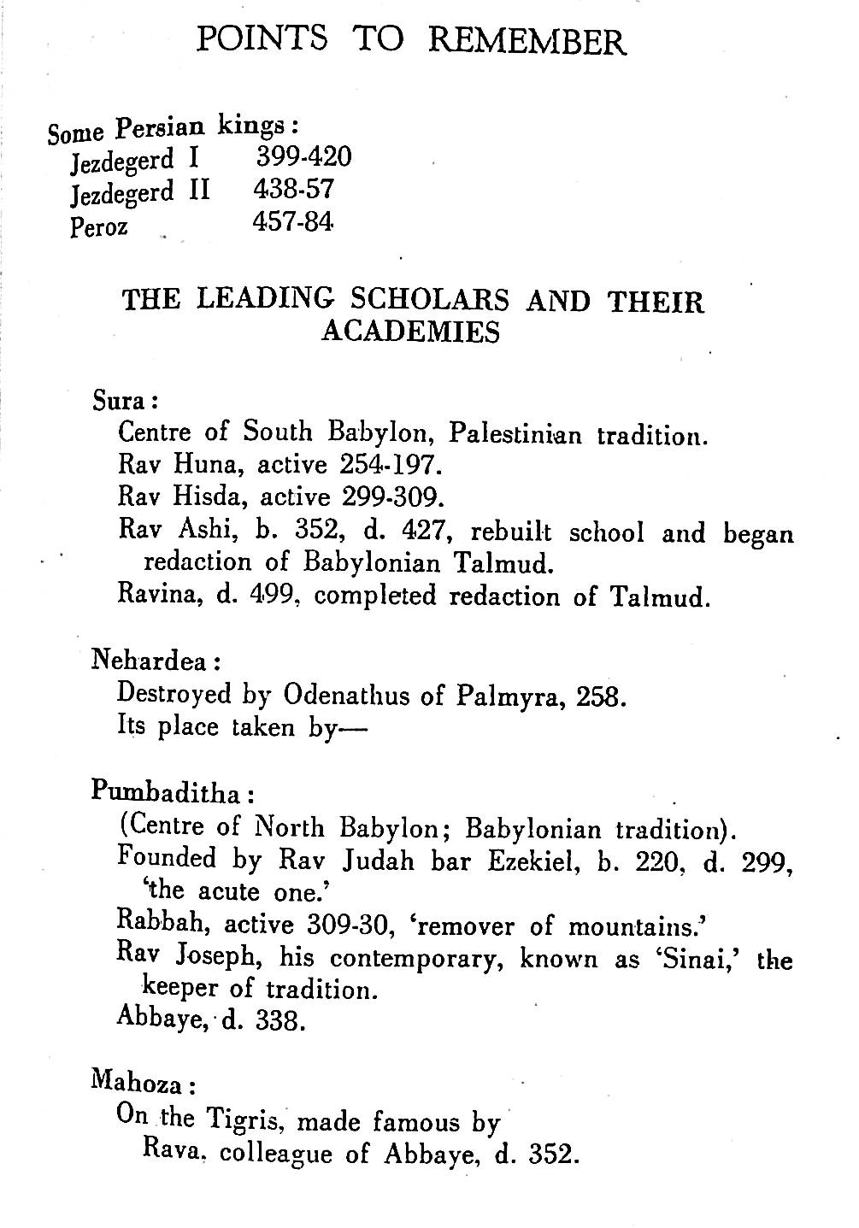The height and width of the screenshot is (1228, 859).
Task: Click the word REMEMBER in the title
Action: tap(527, 40)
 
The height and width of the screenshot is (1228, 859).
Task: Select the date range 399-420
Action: tap(303, 157)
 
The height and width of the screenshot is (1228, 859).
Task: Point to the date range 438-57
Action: tap(292, 189)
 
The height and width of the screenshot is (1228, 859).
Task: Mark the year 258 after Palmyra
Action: tap(603, 697)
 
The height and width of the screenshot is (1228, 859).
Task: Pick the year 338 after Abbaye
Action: tap(279, 1021)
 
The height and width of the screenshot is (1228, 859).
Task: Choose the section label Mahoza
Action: tap(140, 1084)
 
